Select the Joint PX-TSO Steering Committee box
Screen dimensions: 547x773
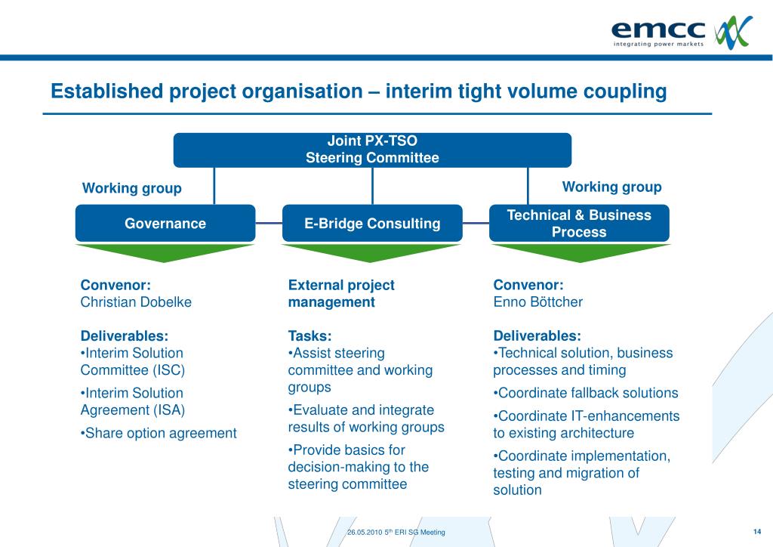[x=372, y=150]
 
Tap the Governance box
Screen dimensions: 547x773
[x=165, y=223]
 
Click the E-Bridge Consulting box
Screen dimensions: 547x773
[x=372, y=223]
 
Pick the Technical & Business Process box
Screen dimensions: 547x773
[x=579, y=223]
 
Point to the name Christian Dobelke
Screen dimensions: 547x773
[x=136, y=301]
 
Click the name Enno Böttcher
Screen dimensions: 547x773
[x=537, y=301]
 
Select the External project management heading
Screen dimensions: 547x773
[x=341, y=293]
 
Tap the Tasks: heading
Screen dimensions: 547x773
[x=310, y=335]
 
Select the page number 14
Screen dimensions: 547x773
[x=756, y=530]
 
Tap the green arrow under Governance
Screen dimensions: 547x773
[x=165, y=252]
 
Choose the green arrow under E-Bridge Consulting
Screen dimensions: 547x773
[x=372, y=252]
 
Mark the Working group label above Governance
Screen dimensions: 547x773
[x=132, y=188]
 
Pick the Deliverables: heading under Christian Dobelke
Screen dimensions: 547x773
[x=125, y=335]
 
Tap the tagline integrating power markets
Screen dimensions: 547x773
[x=658, y=44]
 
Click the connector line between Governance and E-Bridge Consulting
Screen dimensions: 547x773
[x=269, y=223]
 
